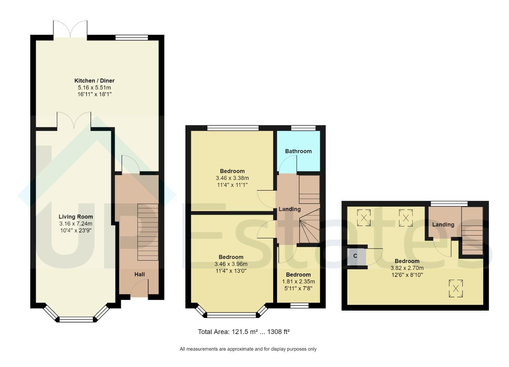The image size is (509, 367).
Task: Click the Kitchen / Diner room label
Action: (94, 81)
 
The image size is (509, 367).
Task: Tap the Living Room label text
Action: (76, 217)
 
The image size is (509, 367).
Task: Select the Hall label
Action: (139, 274)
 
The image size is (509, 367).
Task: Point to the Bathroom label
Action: (298, 151)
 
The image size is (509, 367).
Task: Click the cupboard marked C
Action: (356, 257)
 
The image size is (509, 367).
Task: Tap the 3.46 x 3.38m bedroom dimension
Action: (232, 178)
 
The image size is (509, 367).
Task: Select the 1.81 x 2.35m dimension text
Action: (298, 282)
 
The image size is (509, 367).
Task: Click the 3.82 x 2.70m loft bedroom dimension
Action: (407, 268)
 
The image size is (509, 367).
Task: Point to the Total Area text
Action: (244, 332)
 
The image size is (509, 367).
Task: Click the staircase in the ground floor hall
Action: (148, 232)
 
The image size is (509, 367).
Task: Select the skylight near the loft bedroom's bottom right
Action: (456, 289)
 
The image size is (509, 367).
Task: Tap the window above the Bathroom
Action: (303, 128)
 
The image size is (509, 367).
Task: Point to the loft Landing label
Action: (443, 225)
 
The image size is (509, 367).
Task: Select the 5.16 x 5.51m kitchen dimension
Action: (94, 88)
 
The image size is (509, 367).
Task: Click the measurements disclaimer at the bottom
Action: (248, 349)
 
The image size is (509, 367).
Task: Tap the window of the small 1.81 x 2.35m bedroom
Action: (299, 305)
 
